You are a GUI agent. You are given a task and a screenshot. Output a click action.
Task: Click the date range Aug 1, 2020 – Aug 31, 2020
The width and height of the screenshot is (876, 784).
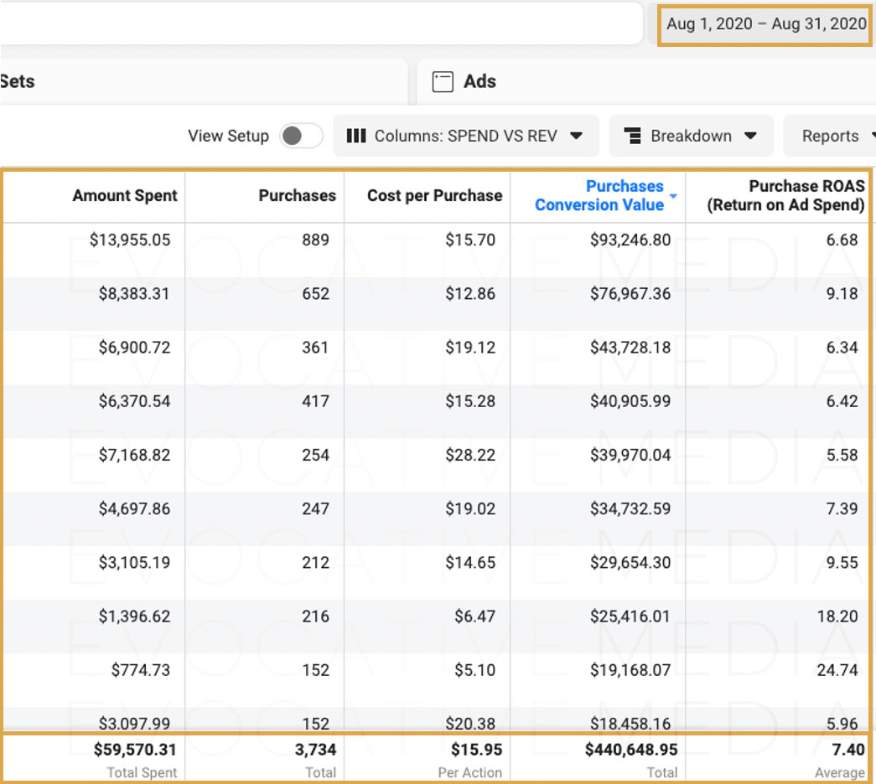pyautogui.click(x=766, y=24)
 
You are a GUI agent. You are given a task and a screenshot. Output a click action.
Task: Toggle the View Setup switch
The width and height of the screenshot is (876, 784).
pyautogui.click(x=301, y=136)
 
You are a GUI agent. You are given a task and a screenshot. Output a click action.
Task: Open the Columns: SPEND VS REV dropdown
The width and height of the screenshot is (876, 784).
pyautogui.click(x=465, y=136)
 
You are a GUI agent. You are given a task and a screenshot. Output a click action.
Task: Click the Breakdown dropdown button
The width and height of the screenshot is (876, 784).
pyautogui.click(x=691, y=136)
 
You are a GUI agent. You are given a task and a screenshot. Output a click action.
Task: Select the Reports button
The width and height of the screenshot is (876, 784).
pyautogui.click(x=830, y=136)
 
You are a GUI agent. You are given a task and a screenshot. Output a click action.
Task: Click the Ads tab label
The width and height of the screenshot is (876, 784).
pyautogui.click(x=479, y=81)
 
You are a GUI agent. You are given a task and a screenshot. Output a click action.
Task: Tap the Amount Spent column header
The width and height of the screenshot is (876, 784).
pyautogui.click(x=125, y=195)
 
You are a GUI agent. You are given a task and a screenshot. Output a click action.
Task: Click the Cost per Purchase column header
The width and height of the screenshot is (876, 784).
pyautogui.click(x=435, y=195)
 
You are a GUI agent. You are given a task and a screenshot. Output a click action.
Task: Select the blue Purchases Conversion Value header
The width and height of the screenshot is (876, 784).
pyautogui.click(x=599, y=195)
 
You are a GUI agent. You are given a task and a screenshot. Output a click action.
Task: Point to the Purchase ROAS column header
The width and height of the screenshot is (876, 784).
pyautogui.click(x=786, y=195)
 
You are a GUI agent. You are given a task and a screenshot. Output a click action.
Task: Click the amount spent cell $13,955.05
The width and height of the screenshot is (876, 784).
pyautogui.click(x=130, y=240)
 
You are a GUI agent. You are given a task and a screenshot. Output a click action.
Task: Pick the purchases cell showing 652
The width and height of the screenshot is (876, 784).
pyautogui.click(x=316, y=294)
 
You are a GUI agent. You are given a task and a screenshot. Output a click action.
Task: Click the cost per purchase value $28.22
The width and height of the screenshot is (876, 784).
pyautogui.click(x=470, y=455)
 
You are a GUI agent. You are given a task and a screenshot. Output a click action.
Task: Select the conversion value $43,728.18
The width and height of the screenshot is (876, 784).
pyautogui.click(x=630, y=348)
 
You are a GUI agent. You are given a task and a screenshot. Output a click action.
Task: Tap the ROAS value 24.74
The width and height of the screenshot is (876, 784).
pyautogui.click(x=837, y=670)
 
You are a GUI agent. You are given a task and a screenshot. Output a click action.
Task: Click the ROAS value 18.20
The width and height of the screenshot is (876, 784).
pyautogui.click(x=837, y=616)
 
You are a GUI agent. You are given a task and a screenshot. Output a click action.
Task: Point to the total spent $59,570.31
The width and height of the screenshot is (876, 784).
pyautogui.click(x=135, y=750)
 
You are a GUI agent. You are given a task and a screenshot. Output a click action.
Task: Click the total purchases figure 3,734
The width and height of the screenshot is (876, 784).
pyautogui.click(x=316, y=750)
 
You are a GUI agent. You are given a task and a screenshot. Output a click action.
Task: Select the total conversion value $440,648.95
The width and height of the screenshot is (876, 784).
pyautogui.click(x=631, y=750)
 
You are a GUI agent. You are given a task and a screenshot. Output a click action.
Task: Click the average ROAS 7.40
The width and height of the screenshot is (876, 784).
pyautogui.click(x=848, y=750)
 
